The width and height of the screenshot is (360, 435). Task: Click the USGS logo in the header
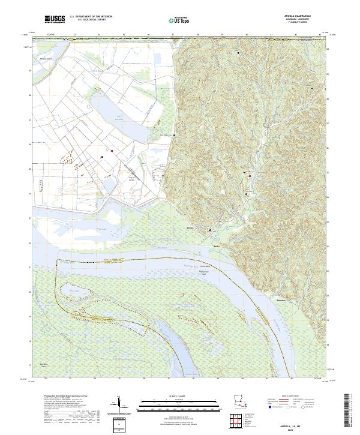(54, 20)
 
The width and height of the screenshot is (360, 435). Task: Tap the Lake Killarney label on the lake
(119, 118)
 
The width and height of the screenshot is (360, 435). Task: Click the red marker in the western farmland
(112, 150)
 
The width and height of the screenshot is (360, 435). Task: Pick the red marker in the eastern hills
(250, 176)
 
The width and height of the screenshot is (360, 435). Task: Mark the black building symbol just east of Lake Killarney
(174, 135)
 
